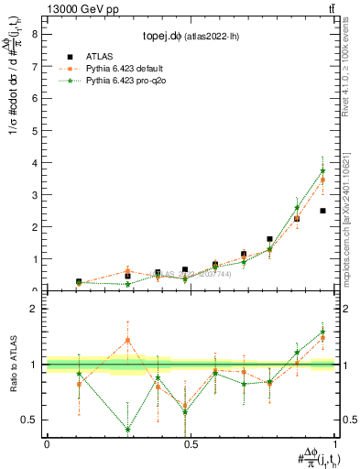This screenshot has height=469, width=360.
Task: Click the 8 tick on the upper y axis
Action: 35,34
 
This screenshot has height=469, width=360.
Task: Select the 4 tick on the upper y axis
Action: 35,163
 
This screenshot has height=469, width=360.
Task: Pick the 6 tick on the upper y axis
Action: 35,99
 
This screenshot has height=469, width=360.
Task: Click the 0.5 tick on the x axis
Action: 191,442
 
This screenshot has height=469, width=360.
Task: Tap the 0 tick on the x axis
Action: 47,442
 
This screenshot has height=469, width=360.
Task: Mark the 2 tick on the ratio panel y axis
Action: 35,309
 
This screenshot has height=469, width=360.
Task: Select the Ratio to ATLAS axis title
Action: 15,364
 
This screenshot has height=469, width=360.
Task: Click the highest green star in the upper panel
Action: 322,171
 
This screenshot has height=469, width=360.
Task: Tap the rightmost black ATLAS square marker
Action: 322,211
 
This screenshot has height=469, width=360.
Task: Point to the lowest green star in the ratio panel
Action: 127,429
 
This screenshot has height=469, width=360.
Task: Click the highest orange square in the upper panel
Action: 322,180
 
